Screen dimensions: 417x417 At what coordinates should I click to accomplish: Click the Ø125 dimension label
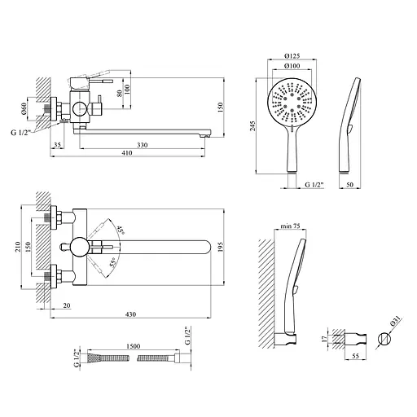(292, 56)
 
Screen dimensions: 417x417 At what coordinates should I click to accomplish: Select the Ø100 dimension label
(292, 66)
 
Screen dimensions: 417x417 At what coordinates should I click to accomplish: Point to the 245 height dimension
(252, 126)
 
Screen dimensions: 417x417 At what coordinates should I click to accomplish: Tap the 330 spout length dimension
(142, 145)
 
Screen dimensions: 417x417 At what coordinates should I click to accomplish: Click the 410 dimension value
(127, 153)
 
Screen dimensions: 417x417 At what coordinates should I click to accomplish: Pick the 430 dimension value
(130, 314)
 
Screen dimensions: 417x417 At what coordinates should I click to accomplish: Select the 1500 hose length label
(134, 346)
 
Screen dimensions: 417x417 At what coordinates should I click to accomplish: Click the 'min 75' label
(290, 226)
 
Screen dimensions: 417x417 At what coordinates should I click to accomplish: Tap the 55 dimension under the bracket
(355, 356)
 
